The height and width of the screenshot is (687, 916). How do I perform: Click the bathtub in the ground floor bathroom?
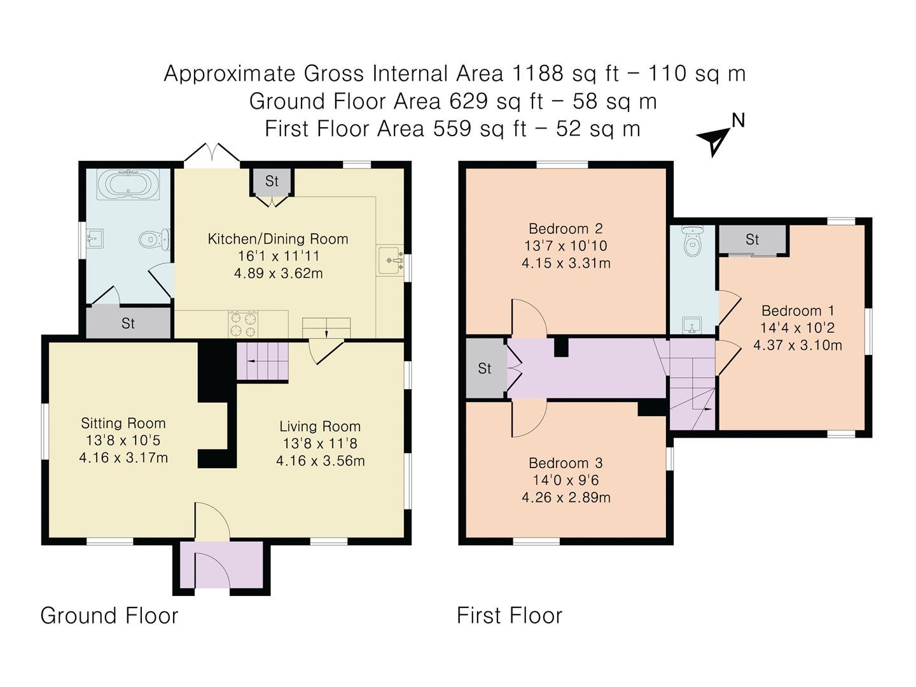point(128,184)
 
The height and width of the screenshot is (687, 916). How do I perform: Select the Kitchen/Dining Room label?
point(278,239)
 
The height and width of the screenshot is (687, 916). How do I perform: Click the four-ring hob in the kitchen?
point(243,324)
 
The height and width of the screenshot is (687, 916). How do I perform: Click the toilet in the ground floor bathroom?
point(155,239)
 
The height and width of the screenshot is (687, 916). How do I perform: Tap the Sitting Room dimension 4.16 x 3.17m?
point(123,458)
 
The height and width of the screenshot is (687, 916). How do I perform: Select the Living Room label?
point(320,426)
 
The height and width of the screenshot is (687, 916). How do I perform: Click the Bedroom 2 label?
point(566,228)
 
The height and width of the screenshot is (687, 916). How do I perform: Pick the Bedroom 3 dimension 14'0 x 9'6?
point(566,480)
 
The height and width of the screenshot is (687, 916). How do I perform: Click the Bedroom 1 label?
point(798,311)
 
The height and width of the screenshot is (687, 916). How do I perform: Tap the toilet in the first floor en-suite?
point(693,240)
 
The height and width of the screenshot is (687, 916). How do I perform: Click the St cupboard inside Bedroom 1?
point(753,239)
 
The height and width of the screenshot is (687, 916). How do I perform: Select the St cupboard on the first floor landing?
point(485,368)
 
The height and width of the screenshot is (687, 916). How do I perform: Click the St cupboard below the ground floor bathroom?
point(128,323)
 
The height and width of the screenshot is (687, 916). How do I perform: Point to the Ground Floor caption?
point(109,616)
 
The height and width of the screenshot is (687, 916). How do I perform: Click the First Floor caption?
point(510,616)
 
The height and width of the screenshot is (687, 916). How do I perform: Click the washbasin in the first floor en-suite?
point(692,325)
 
